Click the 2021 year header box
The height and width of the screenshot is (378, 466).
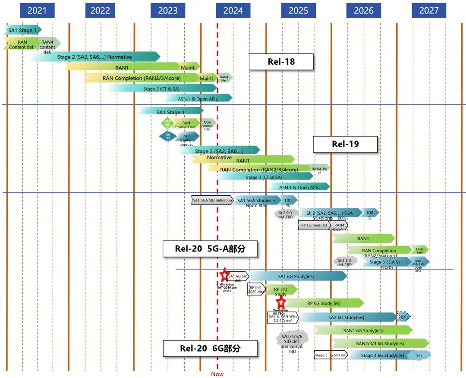[37, 10]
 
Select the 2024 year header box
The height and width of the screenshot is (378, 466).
[233, 10]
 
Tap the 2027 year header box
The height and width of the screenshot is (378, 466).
[428, 10]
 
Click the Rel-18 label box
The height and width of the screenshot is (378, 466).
[281, 62]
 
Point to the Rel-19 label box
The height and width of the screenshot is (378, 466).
[345, 144]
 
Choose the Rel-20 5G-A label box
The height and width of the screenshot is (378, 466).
[210, 249]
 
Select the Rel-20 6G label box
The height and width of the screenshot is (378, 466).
[210, 348]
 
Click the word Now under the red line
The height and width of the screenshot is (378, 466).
[217, 374]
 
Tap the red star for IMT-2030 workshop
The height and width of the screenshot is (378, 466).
[224, 275]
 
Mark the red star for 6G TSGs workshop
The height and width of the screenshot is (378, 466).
[281, 302]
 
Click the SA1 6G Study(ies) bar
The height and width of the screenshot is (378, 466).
[298, 276]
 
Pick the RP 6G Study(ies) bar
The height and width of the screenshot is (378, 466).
[324, 303]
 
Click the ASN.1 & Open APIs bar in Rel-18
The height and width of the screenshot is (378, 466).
[198, 98]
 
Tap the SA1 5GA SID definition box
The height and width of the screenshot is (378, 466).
[212, 200]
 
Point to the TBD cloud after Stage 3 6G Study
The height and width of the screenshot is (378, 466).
[419, 356]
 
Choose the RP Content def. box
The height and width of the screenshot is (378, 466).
[315, 225]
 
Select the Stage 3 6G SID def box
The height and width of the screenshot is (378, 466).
[331, 356]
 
